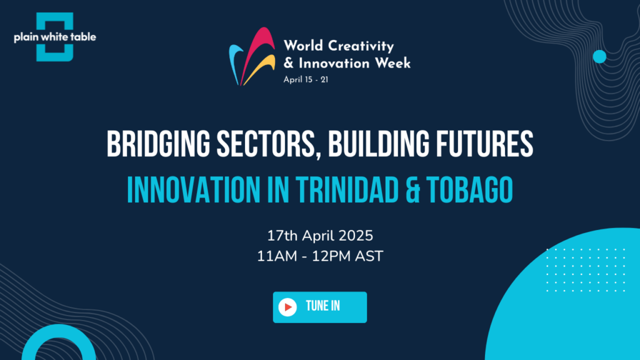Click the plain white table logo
click(55, 37)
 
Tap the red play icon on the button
click(287, 307)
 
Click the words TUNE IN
click(323, 306)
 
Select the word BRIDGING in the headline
click(158, 144)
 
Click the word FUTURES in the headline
click(484, 144)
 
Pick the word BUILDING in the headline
click(379, 144)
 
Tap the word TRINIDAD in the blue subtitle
click(347, 190)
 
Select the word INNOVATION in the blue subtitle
click(194, 190)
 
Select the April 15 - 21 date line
click(306, 79)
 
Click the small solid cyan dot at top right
click(599, 57)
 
